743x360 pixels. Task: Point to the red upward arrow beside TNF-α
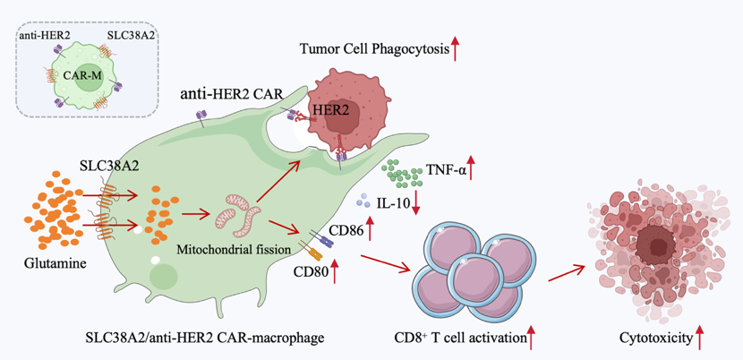[472, 170]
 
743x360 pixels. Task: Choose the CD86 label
[348, 231]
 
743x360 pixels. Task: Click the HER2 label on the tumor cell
[328, 111]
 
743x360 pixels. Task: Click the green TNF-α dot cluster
[402, 174]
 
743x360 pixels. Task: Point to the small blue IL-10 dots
[363, 201]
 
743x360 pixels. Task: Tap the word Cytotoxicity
[656, 339]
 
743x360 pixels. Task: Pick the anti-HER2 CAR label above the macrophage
[231, 95]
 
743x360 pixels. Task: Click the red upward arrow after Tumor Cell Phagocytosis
[456, 48]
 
